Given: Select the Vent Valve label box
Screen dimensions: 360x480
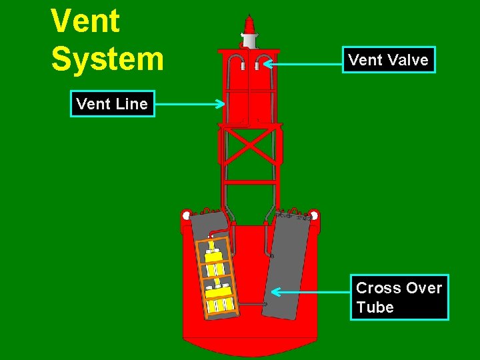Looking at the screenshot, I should coord(388,60).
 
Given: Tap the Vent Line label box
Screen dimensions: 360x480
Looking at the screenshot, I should coord(112,104).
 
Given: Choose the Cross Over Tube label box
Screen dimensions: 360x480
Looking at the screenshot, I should coord(399,297).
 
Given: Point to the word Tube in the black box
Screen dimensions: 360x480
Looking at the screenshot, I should coord(375,307).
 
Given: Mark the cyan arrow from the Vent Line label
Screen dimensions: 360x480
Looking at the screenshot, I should coord(189,104).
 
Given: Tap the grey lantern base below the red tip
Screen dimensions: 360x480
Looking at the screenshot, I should coord(249,41).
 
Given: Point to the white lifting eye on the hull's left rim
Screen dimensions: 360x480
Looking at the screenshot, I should coord(186,215).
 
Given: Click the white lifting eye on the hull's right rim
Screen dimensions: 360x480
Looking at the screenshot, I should coord(314,215).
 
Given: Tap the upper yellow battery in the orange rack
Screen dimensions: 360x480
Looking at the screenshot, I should coord(213,257).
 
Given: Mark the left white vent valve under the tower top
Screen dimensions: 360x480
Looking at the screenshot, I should coord(243,66).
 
